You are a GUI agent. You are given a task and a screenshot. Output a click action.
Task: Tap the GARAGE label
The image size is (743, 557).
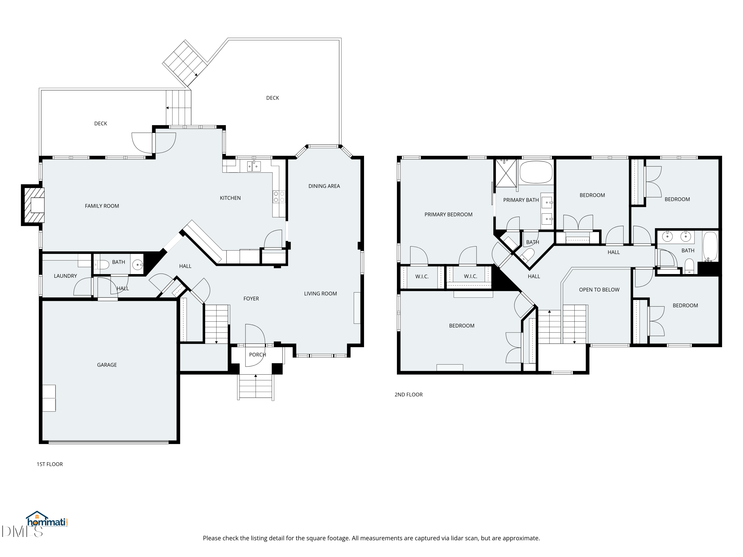coord(107,365)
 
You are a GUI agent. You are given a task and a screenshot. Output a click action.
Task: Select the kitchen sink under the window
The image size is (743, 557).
coord(254,166)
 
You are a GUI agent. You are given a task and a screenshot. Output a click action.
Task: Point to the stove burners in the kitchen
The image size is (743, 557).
coord(279,197)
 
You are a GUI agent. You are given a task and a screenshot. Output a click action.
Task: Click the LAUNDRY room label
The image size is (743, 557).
coord(65,276)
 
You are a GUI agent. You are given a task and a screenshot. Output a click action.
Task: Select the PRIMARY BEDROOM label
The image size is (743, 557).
coord(449,215)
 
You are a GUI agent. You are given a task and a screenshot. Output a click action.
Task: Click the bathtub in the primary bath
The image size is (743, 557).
coord(536,172)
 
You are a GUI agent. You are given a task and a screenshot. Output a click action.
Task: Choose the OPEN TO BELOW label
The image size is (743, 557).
coord(599,290)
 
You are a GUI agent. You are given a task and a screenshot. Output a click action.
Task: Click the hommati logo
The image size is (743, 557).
coord(47,519)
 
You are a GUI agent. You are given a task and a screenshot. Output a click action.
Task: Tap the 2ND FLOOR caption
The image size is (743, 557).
coord(408,395)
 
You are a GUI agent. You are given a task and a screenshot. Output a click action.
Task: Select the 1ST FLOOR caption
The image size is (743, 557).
coord(50,464)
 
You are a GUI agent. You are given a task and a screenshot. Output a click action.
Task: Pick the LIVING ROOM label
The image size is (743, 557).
coord(320,294)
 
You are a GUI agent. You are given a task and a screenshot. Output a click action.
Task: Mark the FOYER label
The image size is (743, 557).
coord(251,299)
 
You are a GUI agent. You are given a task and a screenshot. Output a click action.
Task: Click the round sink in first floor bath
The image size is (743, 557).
coord(137,265)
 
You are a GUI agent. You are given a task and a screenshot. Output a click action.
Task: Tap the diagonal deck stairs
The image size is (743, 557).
coord(185,63)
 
